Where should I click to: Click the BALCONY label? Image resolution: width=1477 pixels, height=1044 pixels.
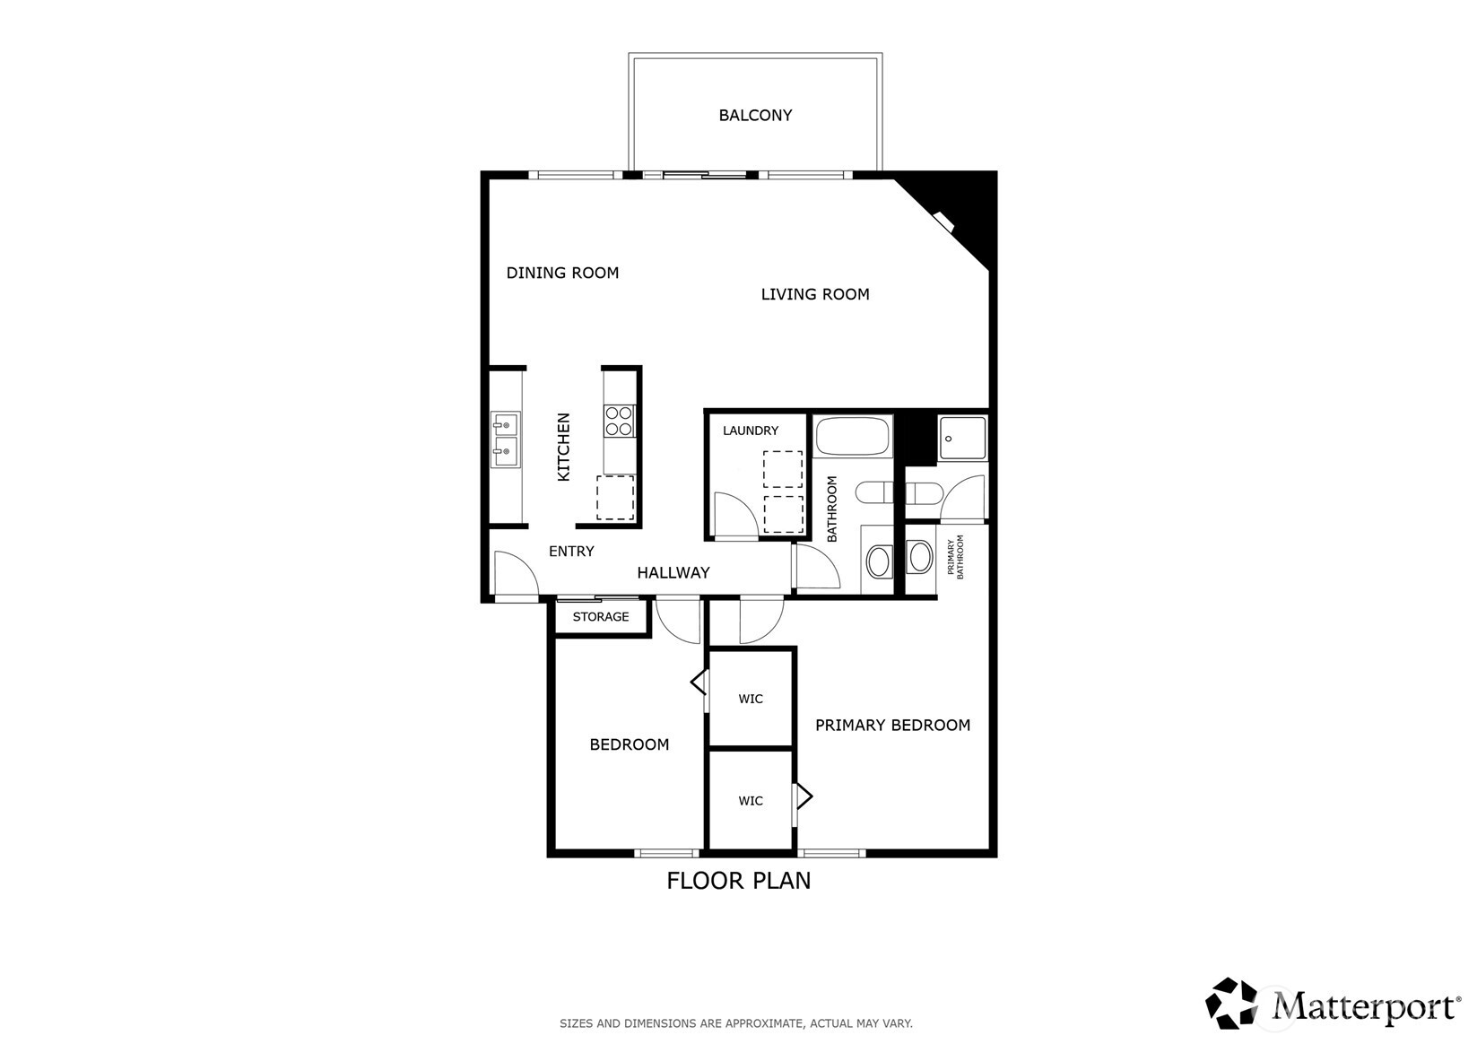[755, 116]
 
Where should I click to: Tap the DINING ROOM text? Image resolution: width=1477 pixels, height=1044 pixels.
[562, 273]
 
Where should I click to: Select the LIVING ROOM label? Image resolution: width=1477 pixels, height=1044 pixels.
[814, 294]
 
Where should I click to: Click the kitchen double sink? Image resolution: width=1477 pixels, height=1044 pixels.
[505, 439]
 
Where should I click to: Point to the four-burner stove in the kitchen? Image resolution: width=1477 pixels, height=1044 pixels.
[619, 421]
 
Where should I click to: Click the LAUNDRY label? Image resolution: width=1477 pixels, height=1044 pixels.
[750, 431]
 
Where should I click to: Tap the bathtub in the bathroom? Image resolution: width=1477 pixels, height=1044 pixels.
[852, 437]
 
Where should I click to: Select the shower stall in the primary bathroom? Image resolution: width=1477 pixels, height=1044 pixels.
[961, 439]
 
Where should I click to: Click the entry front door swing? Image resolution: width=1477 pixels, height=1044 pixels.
[513, 574]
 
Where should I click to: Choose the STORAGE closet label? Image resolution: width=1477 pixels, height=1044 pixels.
[600, 617]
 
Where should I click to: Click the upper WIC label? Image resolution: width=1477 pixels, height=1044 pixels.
[750, 699]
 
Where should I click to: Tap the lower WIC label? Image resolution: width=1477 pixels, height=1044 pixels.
[750, 801]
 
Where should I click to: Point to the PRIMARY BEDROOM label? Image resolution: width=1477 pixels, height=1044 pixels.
[892, 725]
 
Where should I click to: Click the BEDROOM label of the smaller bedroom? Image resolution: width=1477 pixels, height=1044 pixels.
[629, 744]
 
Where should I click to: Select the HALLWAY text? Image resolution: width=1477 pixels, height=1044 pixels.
[673, 572]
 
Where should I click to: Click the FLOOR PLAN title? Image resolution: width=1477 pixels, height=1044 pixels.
[738, 881]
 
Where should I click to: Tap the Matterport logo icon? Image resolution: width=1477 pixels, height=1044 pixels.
[1232, 1003]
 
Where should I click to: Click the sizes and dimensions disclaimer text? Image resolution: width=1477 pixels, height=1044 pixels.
[735, 1022]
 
